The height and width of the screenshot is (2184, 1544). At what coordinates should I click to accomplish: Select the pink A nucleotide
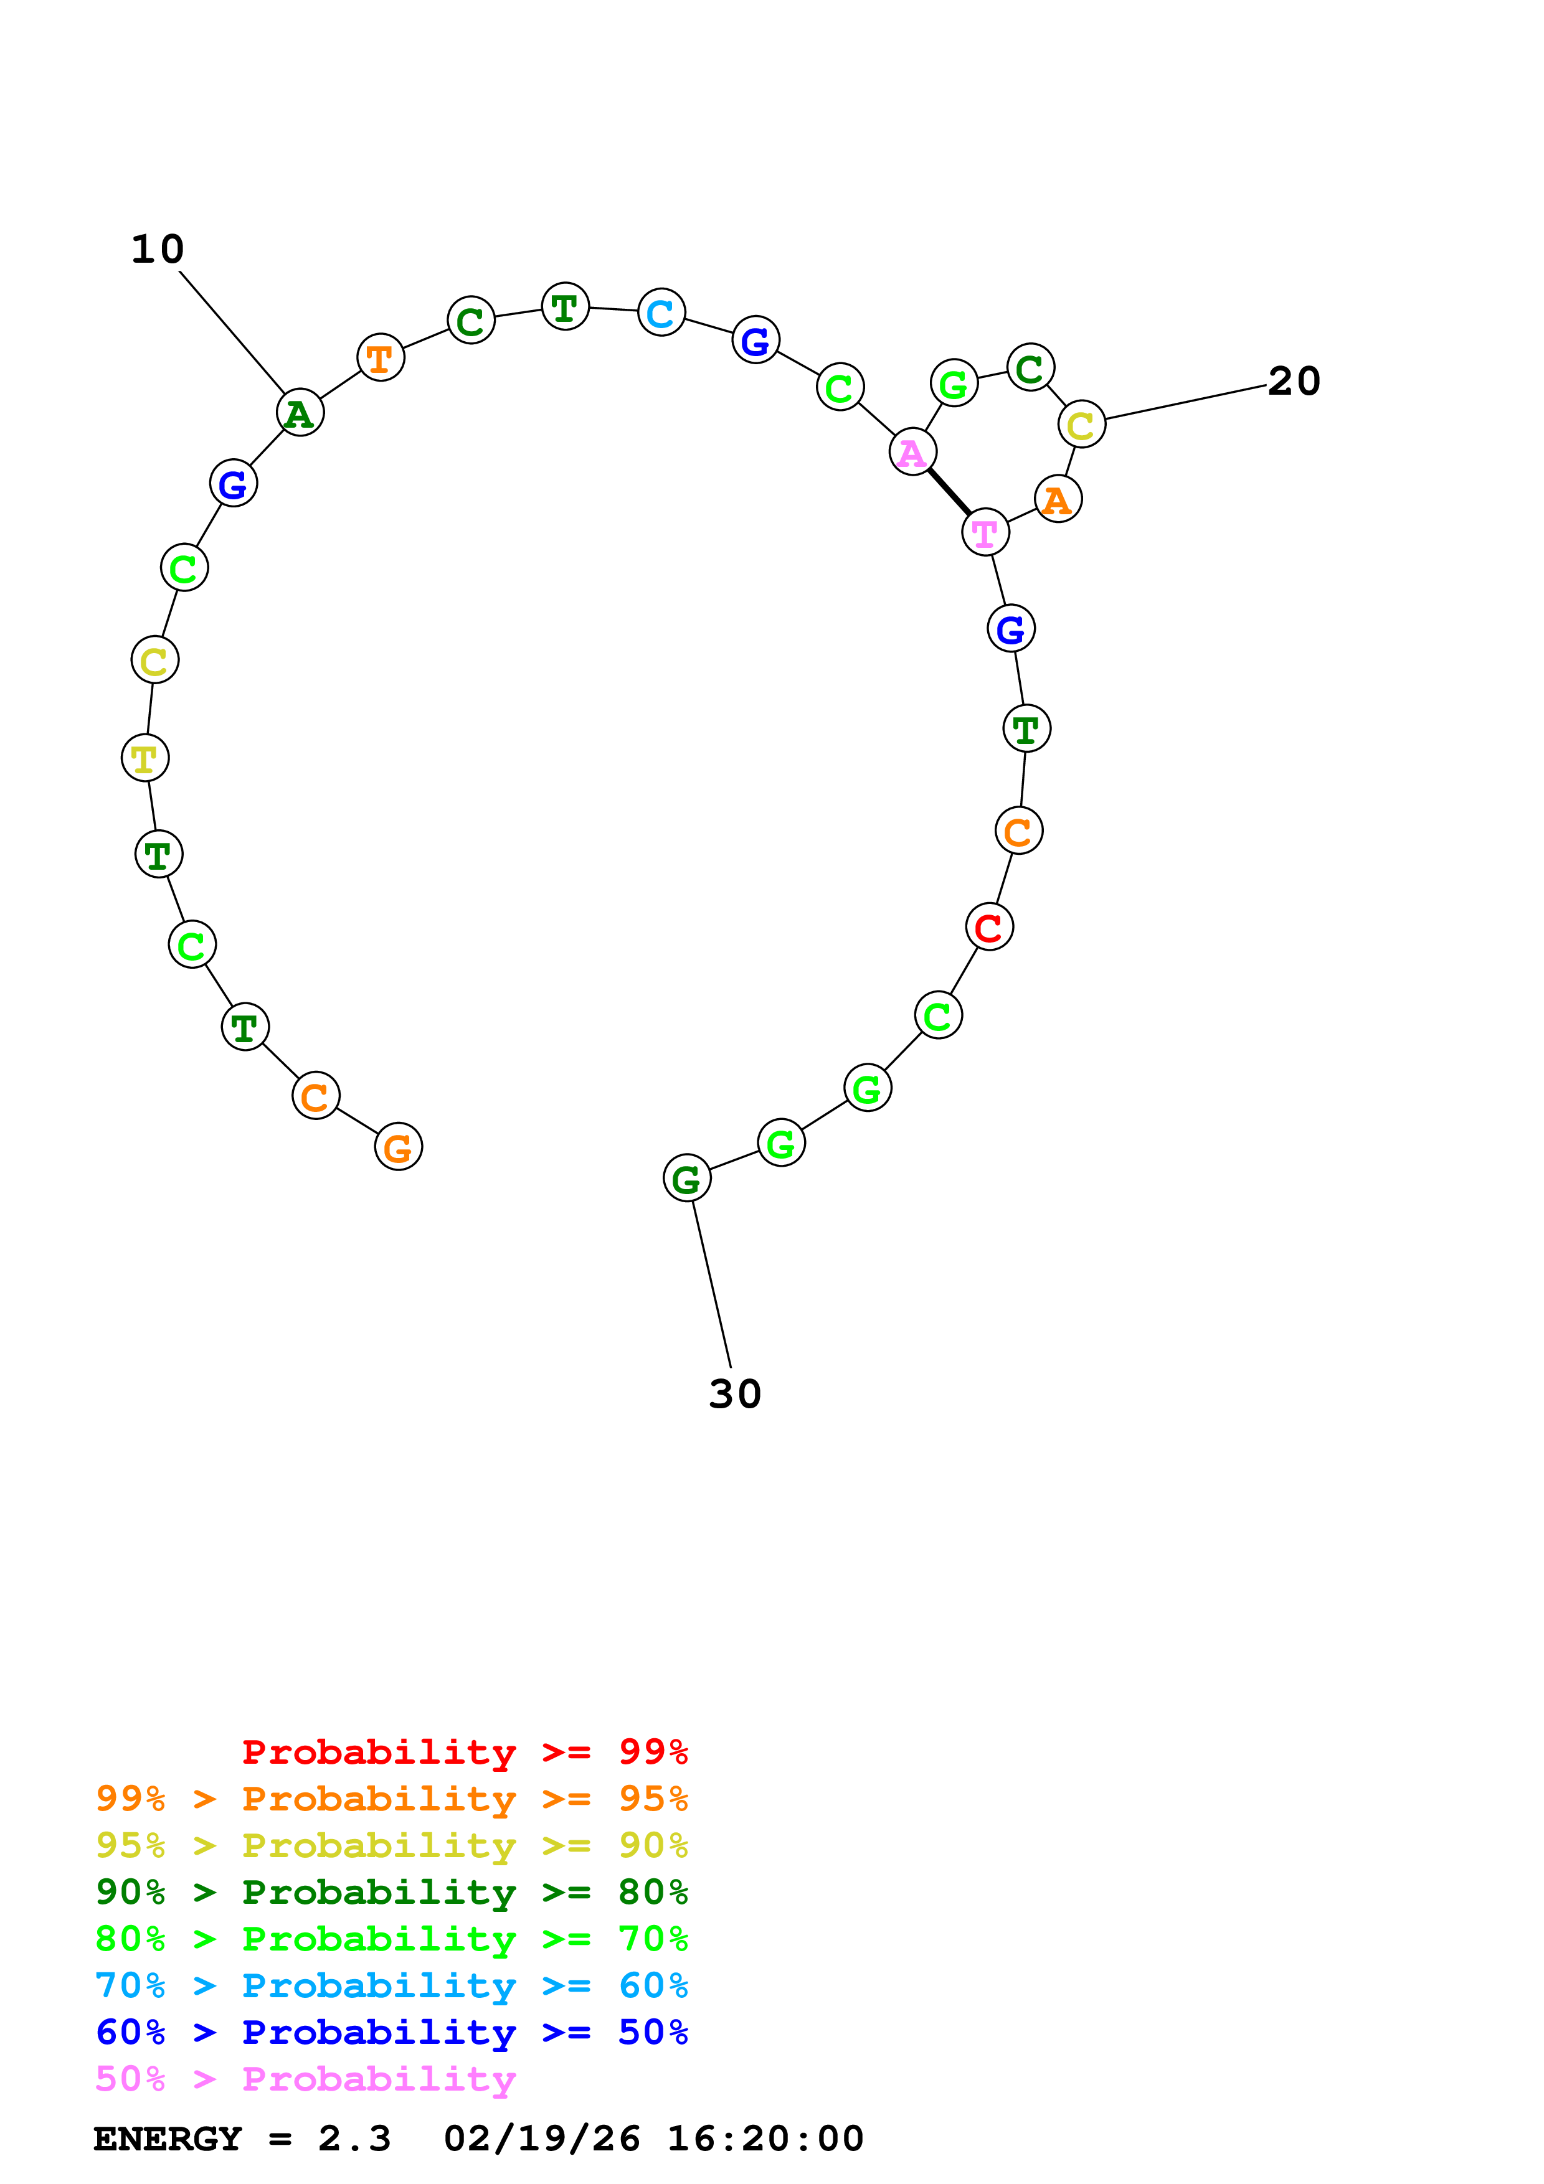912,452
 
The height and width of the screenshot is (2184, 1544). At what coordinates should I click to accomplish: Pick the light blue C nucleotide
661,312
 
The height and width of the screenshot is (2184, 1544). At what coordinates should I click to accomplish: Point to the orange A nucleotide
1057,499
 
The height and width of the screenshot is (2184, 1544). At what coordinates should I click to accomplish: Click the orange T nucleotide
381,357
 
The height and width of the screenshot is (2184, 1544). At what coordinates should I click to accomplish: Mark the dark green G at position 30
687,1178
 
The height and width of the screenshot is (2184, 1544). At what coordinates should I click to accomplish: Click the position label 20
1294,382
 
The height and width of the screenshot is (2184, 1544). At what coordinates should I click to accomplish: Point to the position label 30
734,1395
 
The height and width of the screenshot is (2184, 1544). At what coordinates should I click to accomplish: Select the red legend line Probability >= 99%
464,1751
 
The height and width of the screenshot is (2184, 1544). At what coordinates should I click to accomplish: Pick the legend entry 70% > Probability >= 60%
391,1985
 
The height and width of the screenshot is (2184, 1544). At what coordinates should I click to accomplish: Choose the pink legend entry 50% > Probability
305,2078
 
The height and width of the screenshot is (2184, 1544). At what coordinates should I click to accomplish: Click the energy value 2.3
354,2139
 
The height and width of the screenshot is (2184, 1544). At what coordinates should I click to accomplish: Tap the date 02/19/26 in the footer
541,2139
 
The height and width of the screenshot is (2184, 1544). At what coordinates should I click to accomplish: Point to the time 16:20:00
765,2139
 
